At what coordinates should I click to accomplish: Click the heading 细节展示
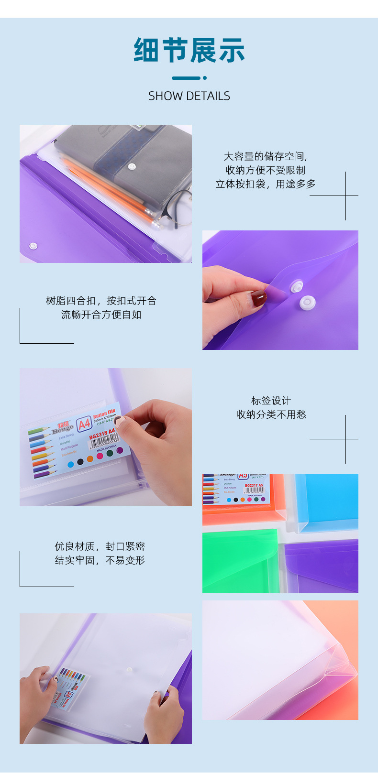point(189,51)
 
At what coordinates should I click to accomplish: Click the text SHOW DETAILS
point(189,96)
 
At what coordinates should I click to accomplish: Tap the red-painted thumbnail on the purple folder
point(259,298)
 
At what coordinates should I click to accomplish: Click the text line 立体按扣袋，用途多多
point(266,184)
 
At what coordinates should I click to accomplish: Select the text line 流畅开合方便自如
point(101,315)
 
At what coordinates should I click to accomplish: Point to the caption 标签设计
point(271,401)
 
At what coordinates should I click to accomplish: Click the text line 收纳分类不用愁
point(271,414)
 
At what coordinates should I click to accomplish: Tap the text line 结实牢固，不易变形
point(100,560)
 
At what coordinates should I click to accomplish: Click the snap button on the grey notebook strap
point(132,166)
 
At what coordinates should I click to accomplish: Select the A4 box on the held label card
point(84,424)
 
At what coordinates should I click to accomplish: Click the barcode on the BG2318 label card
point(102,442)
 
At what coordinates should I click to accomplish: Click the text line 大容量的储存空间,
point(266,156)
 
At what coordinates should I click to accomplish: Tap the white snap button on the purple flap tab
point(297,286)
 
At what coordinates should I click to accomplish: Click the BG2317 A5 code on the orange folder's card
point(254,485)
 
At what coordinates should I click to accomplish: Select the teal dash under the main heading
point(187,78)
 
